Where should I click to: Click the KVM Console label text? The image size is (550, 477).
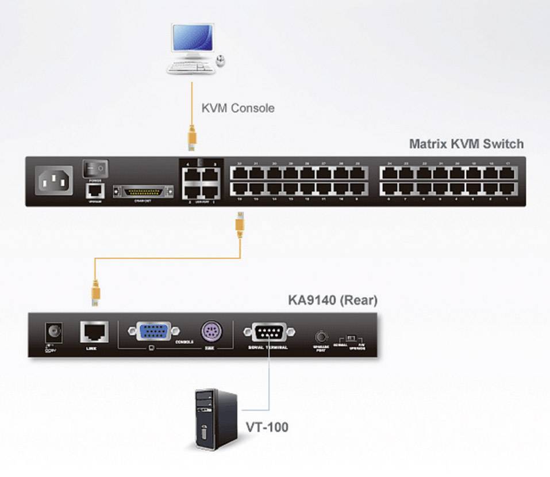click(x=237, y=108)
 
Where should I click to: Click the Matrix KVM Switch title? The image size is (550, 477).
click(x=466, y=143)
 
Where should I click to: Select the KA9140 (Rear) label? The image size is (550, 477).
click(x=332, y=300)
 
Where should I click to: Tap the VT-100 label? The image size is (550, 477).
click(x=267, y=427)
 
